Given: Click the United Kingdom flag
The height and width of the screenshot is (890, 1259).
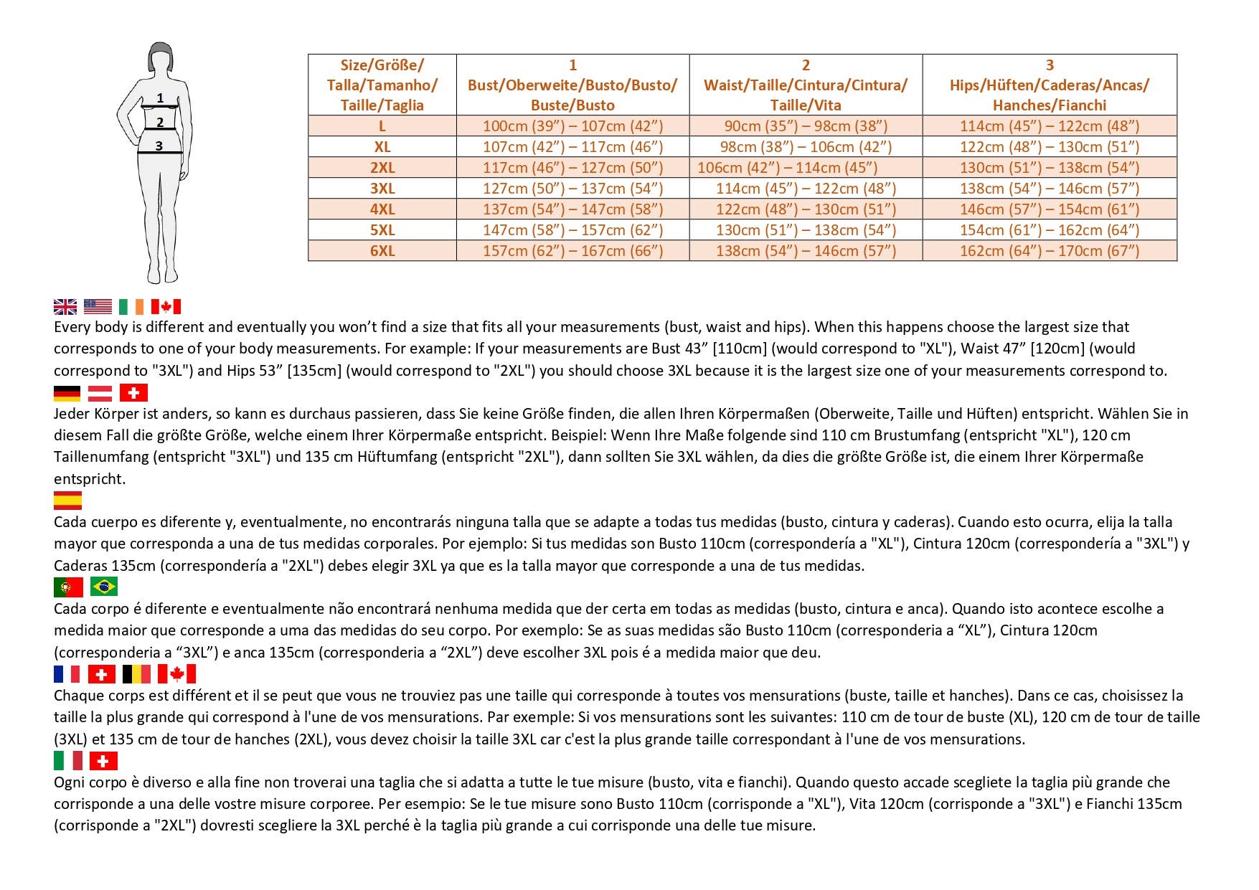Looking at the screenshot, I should (x=65, y=307).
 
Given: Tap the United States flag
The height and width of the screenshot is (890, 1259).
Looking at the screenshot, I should (x=98, y=307).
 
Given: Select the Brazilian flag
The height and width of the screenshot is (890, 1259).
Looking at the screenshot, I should (x=104, y=587).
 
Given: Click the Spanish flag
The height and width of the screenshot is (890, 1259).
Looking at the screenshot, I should (x=67, y=501).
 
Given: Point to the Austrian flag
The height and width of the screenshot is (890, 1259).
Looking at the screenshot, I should (x=100, y=393).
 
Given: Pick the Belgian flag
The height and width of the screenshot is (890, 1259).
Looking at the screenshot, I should (x=136, y=674).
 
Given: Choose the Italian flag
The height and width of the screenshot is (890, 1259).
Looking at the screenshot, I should (x=68, y=761).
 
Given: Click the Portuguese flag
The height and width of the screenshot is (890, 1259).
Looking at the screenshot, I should (x=68, y=587).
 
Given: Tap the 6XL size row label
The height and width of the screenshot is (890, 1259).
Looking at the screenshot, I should (x=382, y=251).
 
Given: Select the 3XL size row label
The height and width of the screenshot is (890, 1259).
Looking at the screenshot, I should (x=382, y=189).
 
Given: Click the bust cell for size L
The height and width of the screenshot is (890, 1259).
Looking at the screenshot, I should (x=572, y=126).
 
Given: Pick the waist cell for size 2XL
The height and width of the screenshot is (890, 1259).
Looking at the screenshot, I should (x=788, y=168).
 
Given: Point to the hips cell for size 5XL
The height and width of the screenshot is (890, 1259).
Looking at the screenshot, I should (x=1050, y=230).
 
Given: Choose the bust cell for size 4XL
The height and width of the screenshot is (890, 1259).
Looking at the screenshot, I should (x=572, y=209).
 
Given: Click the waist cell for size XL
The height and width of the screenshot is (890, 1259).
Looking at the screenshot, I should (x=806, y=147).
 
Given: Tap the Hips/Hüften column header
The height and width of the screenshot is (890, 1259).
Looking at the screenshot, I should (x=1050, y=85).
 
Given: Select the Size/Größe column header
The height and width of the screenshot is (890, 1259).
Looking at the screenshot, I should (x=382, y=85).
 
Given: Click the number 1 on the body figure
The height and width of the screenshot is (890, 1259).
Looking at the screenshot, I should (x=160, y=98).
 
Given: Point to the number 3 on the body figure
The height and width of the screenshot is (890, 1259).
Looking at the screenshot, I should (x=159, y=146).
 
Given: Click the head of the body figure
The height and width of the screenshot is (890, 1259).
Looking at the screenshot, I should (x=161, y=57).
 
